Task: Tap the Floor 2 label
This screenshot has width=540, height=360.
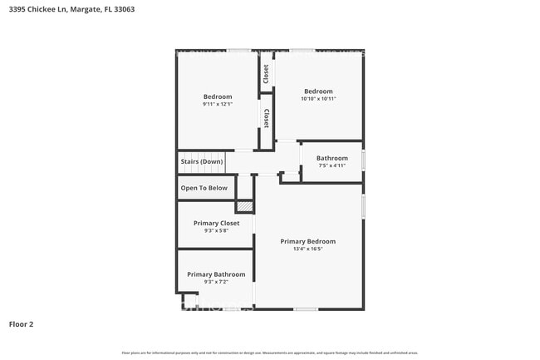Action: (x=22, y=323)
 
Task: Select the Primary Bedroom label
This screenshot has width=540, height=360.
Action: (x=307, y=241)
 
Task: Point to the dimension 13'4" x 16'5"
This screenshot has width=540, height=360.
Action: (x=307, y=249)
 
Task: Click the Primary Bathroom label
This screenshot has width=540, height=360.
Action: (x=216, y=274)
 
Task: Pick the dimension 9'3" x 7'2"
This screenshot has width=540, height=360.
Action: (x=216, y=282)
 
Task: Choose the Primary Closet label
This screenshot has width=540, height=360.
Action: (x=216, y=223)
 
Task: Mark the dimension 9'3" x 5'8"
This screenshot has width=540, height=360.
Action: (x=216, y=230)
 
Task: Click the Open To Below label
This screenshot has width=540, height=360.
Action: (x=204, y=188)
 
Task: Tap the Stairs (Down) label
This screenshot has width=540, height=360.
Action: (x=201, y=161)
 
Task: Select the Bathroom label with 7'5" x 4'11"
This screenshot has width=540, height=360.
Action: (x=331, y=158)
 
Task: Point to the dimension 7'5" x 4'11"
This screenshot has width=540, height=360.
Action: (x=331, y=165)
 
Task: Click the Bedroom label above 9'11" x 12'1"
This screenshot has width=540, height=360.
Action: (x=218, y=96)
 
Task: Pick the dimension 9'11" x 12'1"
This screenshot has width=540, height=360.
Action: (x=218, y=104)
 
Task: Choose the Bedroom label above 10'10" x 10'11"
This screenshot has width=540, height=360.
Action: (x=318, y=91)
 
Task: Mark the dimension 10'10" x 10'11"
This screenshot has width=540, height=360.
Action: (x=318, y=99)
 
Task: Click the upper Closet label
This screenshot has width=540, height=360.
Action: (x=266, y=73)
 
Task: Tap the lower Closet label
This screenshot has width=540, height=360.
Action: (x=266, y=118)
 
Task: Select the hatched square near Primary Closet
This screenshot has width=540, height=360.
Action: (x=244, y=205)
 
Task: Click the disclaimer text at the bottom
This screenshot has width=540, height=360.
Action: (x=269, y=353)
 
